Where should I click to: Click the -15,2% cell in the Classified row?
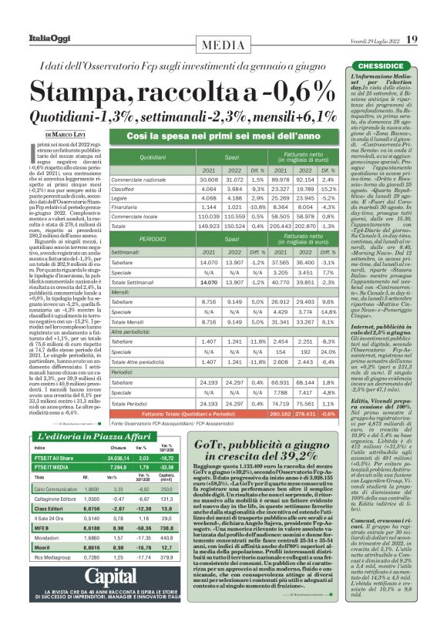328,189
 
